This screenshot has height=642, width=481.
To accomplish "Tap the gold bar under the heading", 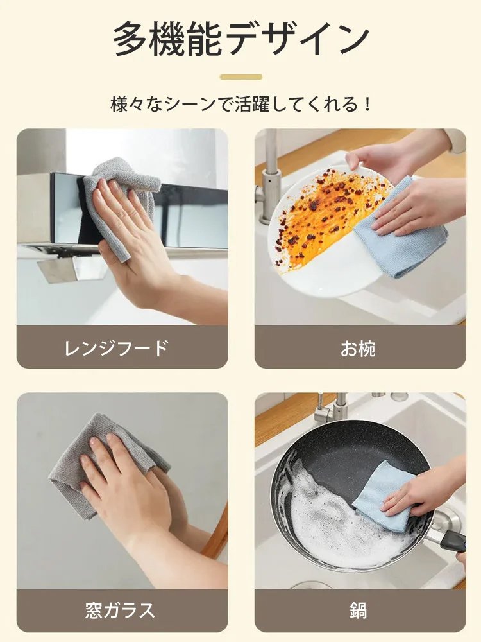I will pyautogui.click(x=241, y=77).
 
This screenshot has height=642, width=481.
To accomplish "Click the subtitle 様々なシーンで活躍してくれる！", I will pyautogui.click(x=241, y=104).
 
